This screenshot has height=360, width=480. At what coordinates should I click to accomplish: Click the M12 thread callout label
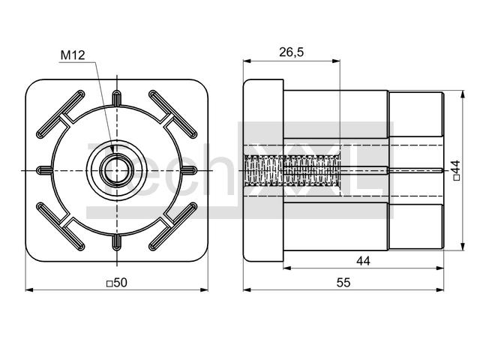click(x=73, y=55)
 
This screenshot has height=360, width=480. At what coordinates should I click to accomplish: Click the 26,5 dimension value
click(x=291, y=52)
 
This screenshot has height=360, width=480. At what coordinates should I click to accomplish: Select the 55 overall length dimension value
click(x=343, y=283)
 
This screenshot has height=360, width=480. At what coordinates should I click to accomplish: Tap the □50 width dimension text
click(x=117, y=283)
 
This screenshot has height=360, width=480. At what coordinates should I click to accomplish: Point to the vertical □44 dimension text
click(x=456, y=170)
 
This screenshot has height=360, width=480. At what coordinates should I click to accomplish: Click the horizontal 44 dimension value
click(x=363, y=261)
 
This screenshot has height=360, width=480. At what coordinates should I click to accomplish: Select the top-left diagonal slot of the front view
click(x=61, y=114)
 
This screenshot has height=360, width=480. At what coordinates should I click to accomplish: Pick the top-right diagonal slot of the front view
click(x=173, y=114)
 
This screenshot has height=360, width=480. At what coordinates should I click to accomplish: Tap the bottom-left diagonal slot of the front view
click(x=61, y=226)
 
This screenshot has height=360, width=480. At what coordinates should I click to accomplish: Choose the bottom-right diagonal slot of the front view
click(x=173, y=226)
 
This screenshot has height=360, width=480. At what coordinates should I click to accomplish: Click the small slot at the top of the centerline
click(x=117, y=98)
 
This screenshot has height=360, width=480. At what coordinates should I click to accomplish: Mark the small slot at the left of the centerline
click(x=44, y=170)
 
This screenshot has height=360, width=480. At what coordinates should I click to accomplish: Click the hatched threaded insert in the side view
click(x=292, y=170)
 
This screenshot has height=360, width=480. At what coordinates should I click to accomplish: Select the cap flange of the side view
click(x=263, y=170)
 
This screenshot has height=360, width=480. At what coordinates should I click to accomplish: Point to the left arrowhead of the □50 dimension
click(x=28, y=289)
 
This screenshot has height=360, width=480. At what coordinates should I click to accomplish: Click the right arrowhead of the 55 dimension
click(x=440, y=289)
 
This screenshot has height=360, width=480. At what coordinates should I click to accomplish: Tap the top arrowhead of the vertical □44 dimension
click(x=463, y=94)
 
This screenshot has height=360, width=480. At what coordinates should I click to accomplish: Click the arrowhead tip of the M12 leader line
click(x=113, y=152)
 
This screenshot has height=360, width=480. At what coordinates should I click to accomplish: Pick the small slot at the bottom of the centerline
click(x=117, y=242)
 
